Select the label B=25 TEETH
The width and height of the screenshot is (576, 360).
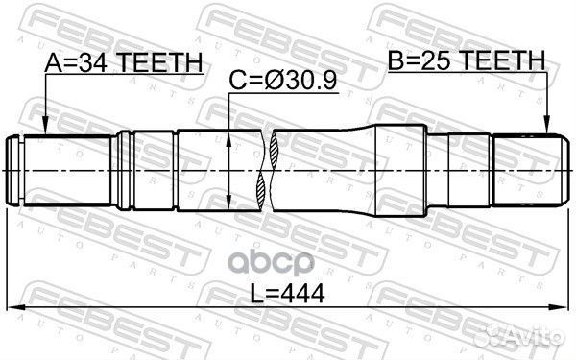coord(466,63)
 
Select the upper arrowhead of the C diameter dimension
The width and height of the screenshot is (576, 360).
coord(228,136)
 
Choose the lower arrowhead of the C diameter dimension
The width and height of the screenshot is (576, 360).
coord(228,204)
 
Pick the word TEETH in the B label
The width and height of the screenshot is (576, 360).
coord(504,63)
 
